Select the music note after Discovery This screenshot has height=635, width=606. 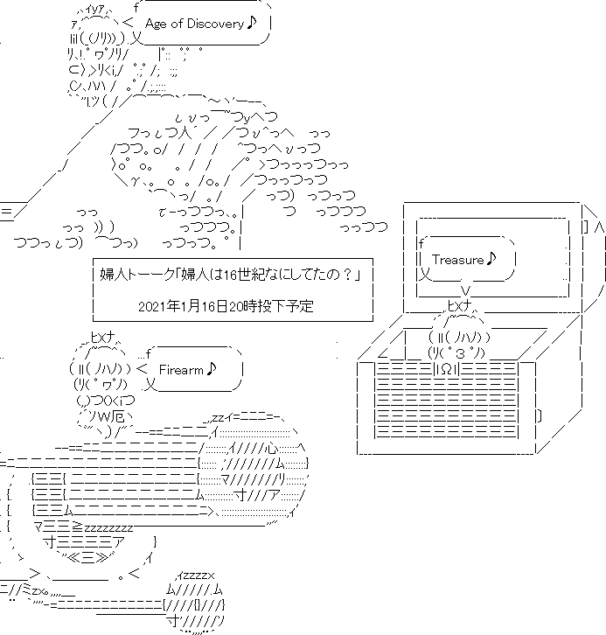[252, 23]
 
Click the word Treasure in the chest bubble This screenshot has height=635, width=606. [458, 259]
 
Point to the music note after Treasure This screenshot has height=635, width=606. [491, 258]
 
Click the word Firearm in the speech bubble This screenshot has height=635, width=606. [181, 369]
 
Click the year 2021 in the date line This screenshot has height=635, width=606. [153, 306]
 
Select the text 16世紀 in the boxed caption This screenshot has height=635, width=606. [246, 276]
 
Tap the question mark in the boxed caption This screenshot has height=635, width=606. [349, 276]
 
